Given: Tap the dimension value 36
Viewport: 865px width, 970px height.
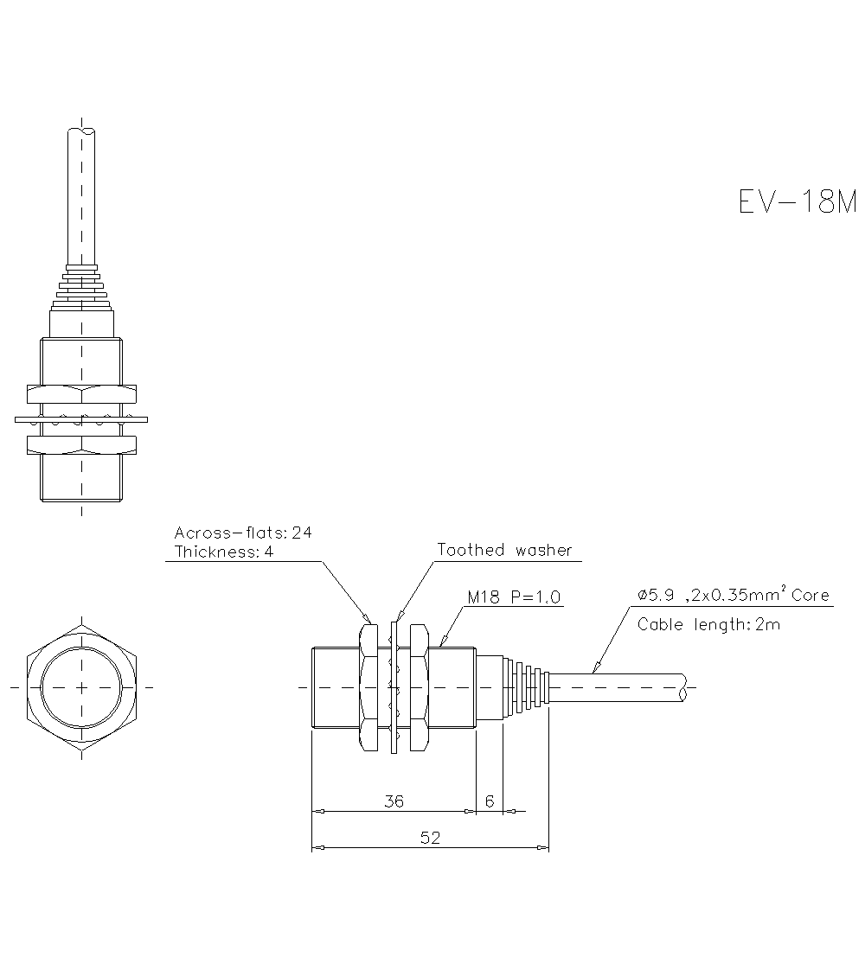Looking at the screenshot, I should pos(394,801).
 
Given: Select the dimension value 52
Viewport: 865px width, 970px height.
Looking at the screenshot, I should pos(430,838).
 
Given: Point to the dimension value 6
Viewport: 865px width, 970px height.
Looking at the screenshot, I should pos(490,801).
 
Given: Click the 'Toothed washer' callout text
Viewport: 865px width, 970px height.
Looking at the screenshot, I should pos(504,550).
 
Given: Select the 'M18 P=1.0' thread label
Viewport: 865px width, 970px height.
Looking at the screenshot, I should pos(514,597).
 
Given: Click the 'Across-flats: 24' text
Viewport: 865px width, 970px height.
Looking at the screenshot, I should pos(243,533).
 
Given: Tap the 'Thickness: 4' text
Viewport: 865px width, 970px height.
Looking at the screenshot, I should pos(224,552).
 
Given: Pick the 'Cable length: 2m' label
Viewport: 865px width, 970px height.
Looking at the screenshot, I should pos(708,624).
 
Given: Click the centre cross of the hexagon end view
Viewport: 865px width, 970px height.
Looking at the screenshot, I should pos(81,687).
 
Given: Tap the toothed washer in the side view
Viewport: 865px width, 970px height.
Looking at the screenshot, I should pos(394,687).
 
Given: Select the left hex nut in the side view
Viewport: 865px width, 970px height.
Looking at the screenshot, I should pos(368,687).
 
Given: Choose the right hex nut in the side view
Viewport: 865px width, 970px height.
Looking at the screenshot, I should pos(419,687).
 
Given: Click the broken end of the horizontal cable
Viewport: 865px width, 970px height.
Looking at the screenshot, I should pos(686,687).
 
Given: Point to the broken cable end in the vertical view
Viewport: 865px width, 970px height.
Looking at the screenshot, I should pos(81,131).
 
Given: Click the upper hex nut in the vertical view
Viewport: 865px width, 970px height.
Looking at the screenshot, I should pos(81,394).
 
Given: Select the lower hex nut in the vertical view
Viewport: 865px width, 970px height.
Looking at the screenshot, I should pos(81,444).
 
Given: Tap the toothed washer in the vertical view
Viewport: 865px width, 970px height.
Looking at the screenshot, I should pos(81,419).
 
